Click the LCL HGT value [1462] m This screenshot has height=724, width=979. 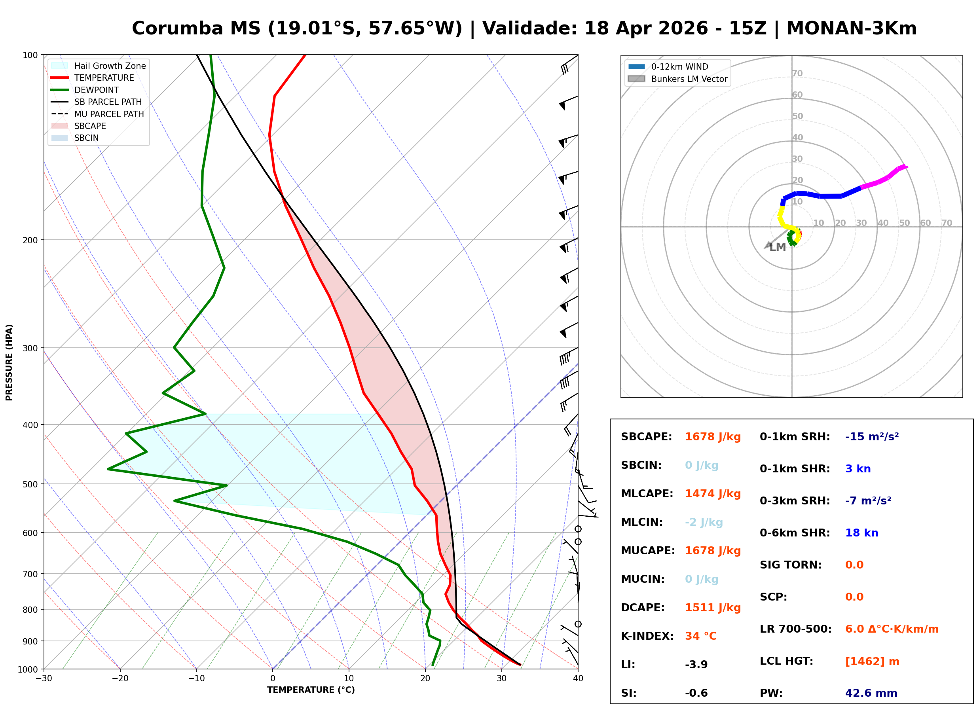pyautogui.click(x=872, y=662)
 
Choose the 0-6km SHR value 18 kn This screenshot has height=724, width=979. pyautogui.click(x=861, y=533)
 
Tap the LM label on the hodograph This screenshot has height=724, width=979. pyautogui.click(x=778, y=248)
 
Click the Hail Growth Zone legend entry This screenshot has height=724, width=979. pyautogui.click(x=99, y=66)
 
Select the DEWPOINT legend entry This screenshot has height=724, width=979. pyautogui.click(x=85, y=90)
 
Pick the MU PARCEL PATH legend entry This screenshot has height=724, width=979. pyautogui.click(x=98, y=114)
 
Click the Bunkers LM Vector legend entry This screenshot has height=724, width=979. pyautogui.click(x=678, y=79)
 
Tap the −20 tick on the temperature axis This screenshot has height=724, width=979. pyautogui.click(x=120, y=679)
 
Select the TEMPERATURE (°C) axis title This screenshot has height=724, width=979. pyautogui.click(x=311, y=690)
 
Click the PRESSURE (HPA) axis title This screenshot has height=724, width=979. pyautogui.click(x=9, y=363)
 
